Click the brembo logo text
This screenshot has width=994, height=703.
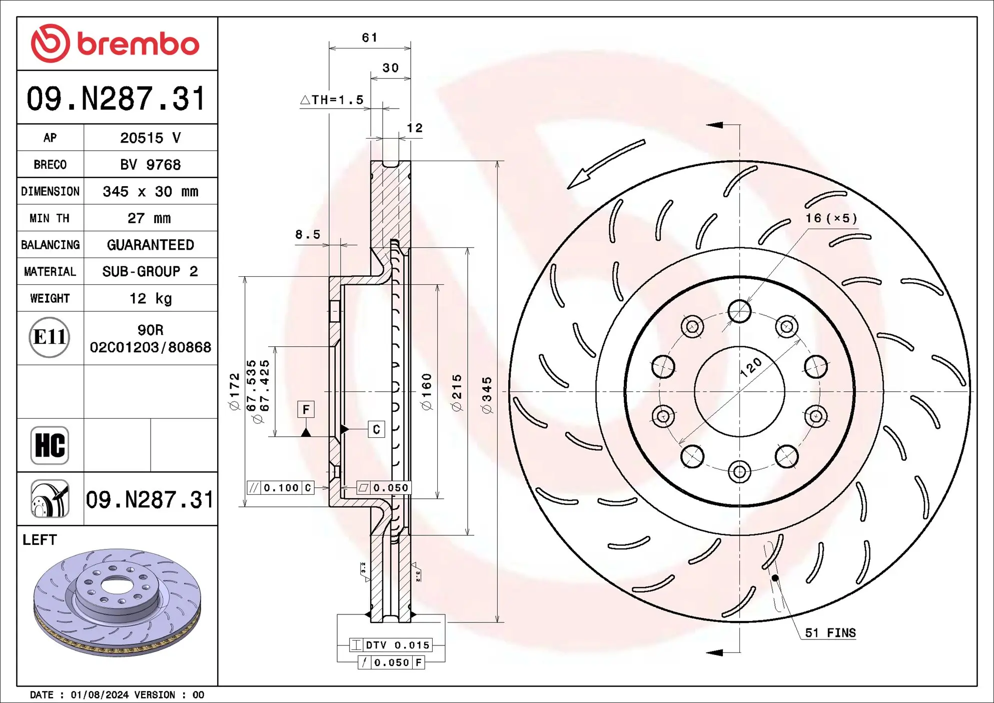tap(138, 44)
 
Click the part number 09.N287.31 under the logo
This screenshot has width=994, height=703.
tap(116, 99)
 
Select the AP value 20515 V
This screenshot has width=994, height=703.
tap(150, 138)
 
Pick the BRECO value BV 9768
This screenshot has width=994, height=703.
tap(150, 165)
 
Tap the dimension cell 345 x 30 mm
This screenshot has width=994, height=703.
tap(150, 192)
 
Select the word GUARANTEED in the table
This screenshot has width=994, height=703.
tap(150, 245)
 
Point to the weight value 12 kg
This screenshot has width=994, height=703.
tap(150, 299)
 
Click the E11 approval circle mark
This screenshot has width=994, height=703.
tap(49, 337)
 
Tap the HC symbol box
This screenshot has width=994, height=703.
tap(50, 445)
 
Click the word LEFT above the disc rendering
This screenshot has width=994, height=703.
tap(40, 540)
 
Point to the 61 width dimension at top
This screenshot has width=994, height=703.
tap(370, 38)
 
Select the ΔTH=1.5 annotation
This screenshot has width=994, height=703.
tap(332, 100)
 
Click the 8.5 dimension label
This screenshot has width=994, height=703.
tap(307, 234)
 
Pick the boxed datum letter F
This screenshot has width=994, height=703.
tap(306, 409)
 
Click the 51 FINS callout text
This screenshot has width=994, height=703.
tap(830, 633)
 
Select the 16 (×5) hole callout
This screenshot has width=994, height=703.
tap(830, 218)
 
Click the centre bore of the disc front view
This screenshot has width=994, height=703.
tap(739, 391)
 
